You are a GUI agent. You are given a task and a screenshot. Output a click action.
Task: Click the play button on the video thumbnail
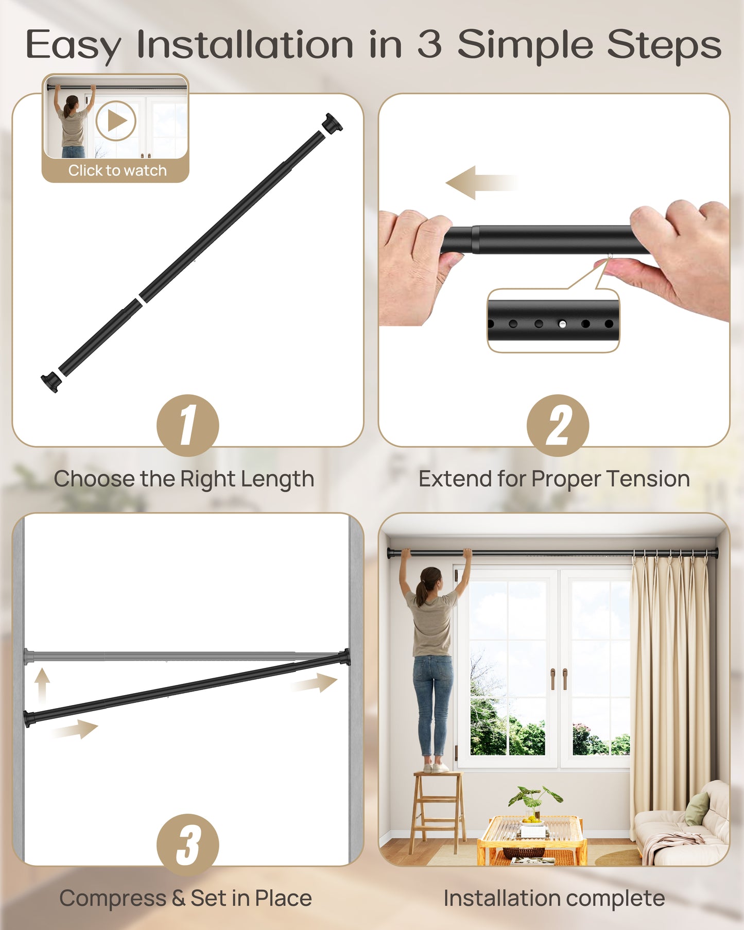click(x=116, y=121)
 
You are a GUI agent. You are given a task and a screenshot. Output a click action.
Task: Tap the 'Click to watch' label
click(x=117, y=170)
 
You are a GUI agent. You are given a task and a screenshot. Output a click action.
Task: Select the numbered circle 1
click(x=188, y=425)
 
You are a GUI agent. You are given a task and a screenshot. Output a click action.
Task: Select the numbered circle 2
click(x=558, y=425)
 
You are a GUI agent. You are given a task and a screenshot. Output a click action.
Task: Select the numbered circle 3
click(x=188, y=845)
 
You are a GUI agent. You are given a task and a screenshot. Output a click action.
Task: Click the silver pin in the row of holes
click(x=562, y=324)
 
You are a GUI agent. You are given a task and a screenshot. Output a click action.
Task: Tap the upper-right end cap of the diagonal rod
click(x=332, y=124)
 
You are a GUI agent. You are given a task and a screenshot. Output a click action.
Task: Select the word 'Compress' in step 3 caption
click(x=113, y=898)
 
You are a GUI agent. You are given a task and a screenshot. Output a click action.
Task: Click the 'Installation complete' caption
click(x=554, y=898)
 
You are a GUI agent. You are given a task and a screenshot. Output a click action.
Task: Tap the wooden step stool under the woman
click(x=438, y=808)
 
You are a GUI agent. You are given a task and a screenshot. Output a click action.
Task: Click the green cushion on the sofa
click(x=698, y=808)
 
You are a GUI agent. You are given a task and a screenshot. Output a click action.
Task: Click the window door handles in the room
click(x=559, y=679)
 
